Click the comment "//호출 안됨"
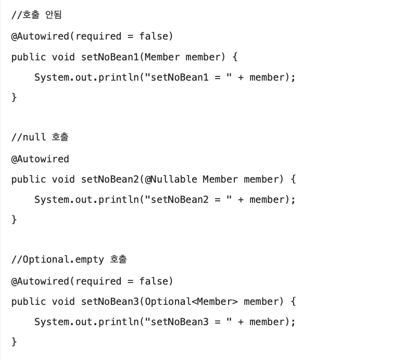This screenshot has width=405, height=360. (x=36, y=15)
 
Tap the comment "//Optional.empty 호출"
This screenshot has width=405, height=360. (x=69, y=259)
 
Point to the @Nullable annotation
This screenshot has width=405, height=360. (x=171, y=179)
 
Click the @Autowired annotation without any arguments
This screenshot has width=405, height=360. (x=40, y=159)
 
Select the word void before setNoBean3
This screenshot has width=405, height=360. (x=64, y=302)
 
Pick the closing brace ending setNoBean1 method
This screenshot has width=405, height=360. (x=14, y=97)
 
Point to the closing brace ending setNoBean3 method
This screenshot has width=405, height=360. (x=14, y=342)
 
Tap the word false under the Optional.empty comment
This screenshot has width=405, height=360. (x=154, y=281)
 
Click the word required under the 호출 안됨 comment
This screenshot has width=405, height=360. (x=98, y=36)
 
